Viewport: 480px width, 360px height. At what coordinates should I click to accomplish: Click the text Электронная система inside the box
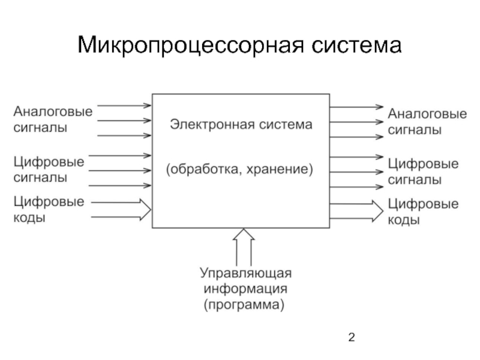(x=241, y=125)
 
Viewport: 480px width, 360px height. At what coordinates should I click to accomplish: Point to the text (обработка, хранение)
(x=240, y=170)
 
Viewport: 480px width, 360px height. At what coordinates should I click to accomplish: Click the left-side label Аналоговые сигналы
(x=53, y=119)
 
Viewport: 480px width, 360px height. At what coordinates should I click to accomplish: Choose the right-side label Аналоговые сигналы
(x=427, y=122)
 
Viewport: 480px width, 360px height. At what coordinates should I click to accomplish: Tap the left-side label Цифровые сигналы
(x=49, y=170)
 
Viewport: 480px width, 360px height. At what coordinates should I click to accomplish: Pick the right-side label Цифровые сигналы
(x=424, y=172)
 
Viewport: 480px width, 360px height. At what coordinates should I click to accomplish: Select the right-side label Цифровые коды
(x=423, y=212)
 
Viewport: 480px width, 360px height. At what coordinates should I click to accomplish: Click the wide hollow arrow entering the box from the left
(x=122, y=209)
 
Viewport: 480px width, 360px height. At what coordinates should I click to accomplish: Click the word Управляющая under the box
(x=245, y=274)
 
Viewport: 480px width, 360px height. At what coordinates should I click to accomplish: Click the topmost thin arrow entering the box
(x=124, y=106)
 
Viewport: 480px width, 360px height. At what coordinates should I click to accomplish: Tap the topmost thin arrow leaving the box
(x=356, y=107)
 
